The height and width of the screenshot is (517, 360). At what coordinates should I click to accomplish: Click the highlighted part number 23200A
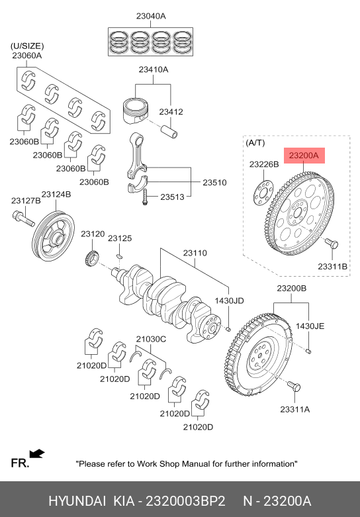304,156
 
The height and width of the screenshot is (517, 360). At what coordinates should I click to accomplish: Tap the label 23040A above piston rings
151,16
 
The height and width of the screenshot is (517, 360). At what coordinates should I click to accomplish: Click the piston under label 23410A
136,110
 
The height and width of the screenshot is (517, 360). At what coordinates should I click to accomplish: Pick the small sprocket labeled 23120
92,258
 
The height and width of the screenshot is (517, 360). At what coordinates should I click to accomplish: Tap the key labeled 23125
120,256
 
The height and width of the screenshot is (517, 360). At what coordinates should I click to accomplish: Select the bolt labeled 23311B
332,244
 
